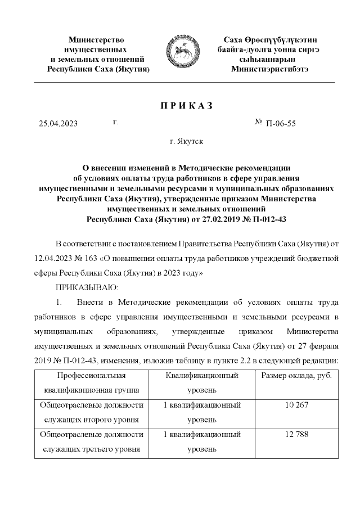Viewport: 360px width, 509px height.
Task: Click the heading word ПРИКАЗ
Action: (181, 106)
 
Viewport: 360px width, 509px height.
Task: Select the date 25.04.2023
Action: (58, 124)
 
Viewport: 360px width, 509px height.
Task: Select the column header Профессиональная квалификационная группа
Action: (91, 382)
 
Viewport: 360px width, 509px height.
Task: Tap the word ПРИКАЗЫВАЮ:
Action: (80, 287)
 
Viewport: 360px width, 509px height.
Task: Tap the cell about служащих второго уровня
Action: (91, 412)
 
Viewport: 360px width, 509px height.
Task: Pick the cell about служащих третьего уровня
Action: (91, 442)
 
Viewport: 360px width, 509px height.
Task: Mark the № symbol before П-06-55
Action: (260, 124)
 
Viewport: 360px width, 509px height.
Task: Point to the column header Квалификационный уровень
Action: (202, 382)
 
